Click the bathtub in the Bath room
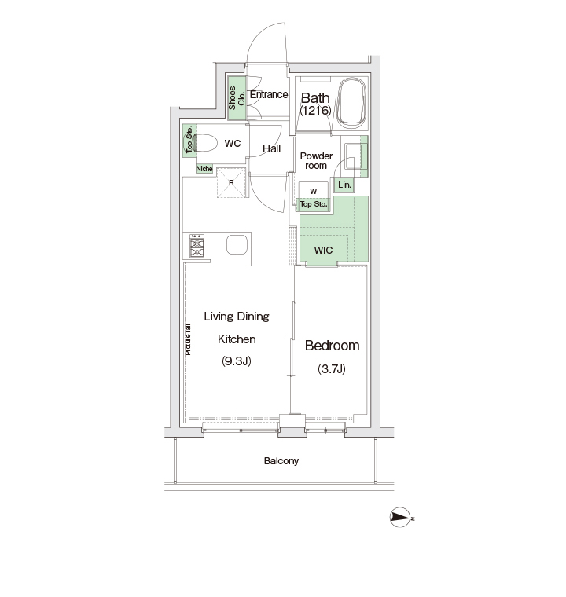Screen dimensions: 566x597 352,102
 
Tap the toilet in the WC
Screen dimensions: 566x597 205,143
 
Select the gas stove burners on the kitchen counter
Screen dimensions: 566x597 197,246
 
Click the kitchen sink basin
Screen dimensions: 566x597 237,244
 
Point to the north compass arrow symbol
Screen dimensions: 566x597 401,518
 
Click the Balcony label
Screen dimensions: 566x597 281,461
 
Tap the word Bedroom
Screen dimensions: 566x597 332,346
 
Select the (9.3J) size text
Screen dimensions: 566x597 237,361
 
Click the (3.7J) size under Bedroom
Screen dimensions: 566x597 332,368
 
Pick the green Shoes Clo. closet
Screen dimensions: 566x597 237,98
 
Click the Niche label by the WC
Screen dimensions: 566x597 204,169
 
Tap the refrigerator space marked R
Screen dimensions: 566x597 231,183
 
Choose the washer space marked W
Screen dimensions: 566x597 314,191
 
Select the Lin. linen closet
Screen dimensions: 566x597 344,185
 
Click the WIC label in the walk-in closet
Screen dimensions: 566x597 323,250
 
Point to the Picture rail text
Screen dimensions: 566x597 188,340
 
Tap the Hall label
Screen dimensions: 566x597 272,149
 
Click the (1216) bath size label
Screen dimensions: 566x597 315,111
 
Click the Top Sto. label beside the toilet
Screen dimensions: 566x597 189,140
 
